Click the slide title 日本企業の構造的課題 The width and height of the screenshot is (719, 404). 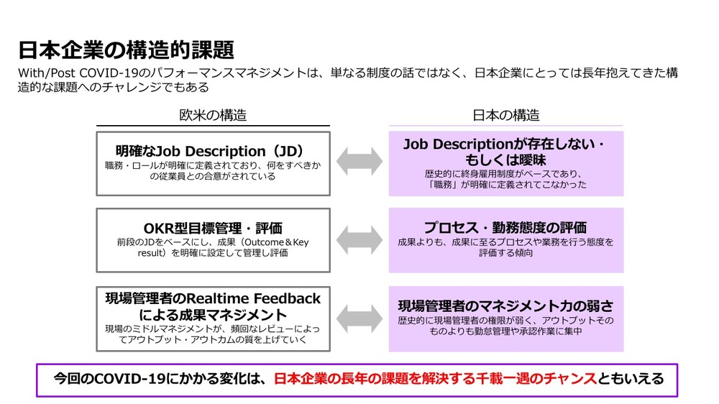(x=126, y=50)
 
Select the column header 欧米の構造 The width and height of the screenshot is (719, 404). (x=213, y=114)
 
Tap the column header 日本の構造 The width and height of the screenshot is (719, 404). (x=505, y=114)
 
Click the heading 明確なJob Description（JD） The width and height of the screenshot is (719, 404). (x=209, y=151)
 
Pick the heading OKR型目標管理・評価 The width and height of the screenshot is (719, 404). (x=213, y=228)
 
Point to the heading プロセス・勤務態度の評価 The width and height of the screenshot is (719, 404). (x=505, y=227)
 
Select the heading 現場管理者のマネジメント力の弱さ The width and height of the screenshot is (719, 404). (x=505, y=306)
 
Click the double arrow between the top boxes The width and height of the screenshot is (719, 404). (x=359, y=162)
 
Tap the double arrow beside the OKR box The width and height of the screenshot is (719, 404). (x=359, y=240)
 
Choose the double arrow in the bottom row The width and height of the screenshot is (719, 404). (x=359, y=318)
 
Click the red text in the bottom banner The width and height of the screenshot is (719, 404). (x=436, y=379)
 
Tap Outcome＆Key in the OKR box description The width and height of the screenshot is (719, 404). (x=277, y=242)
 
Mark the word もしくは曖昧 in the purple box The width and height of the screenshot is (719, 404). (x=505, y=160)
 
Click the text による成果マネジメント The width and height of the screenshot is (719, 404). (x=213, y=315)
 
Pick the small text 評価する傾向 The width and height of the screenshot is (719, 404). (x=505, y=252)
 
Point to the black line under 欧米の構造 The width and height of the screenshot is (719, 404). (x=213, y=125)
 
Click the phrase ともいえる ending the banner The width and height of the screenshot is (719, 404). (x=631, y=379)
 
